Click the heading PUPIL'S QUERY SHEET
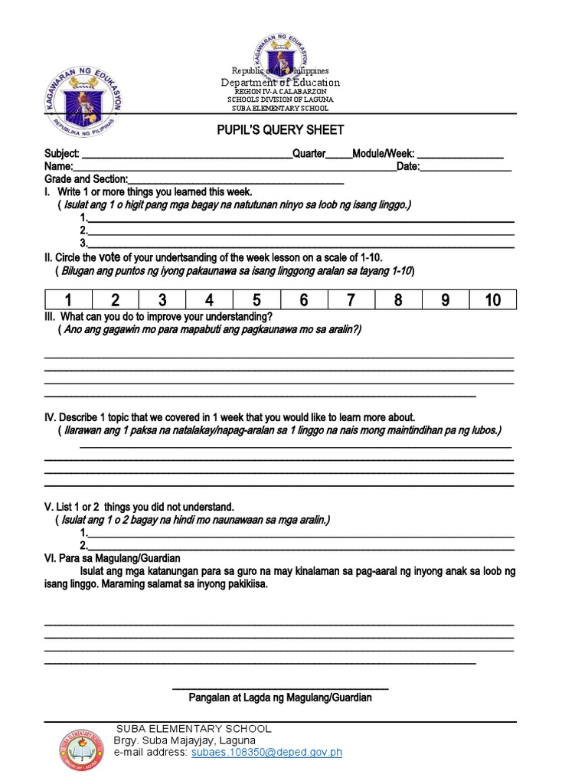click(279, 130)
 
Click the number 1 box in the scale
click(68, 299)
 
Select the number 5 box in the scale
click(256, 299)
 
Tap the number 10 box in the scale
click(492, 299)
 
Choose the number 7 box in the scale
click(351, 299)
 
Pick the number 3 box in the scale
click(162, 299)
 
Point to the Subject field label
click(62, 154)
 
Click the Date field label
click(407, 166)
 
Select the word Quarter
click(309, 154)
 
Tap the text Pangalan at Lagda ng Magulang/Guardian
click(281, 697)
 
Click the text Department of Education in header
click(280, 83)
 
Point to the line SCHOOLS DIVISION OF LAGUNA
click(279, 100)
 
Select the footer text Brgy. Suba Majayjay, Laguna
click(185, 741)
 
